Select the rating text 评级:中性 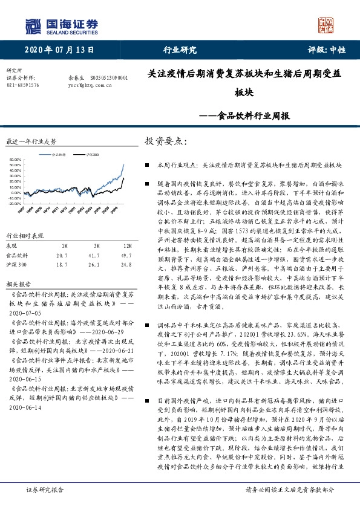327,50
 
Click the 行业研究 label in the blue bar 180,50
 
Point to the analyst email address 91,86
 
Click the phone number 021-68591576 22,86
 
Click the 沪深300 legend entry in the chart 93,155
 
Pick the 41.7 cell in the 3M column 94,256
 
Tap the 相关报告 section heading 18,283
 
